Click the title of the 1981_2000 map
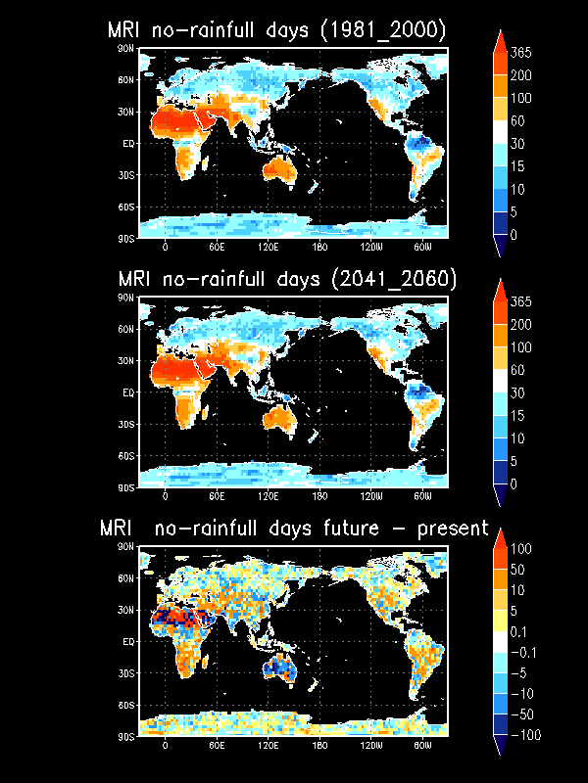276,30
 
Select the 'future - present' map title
294,529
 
